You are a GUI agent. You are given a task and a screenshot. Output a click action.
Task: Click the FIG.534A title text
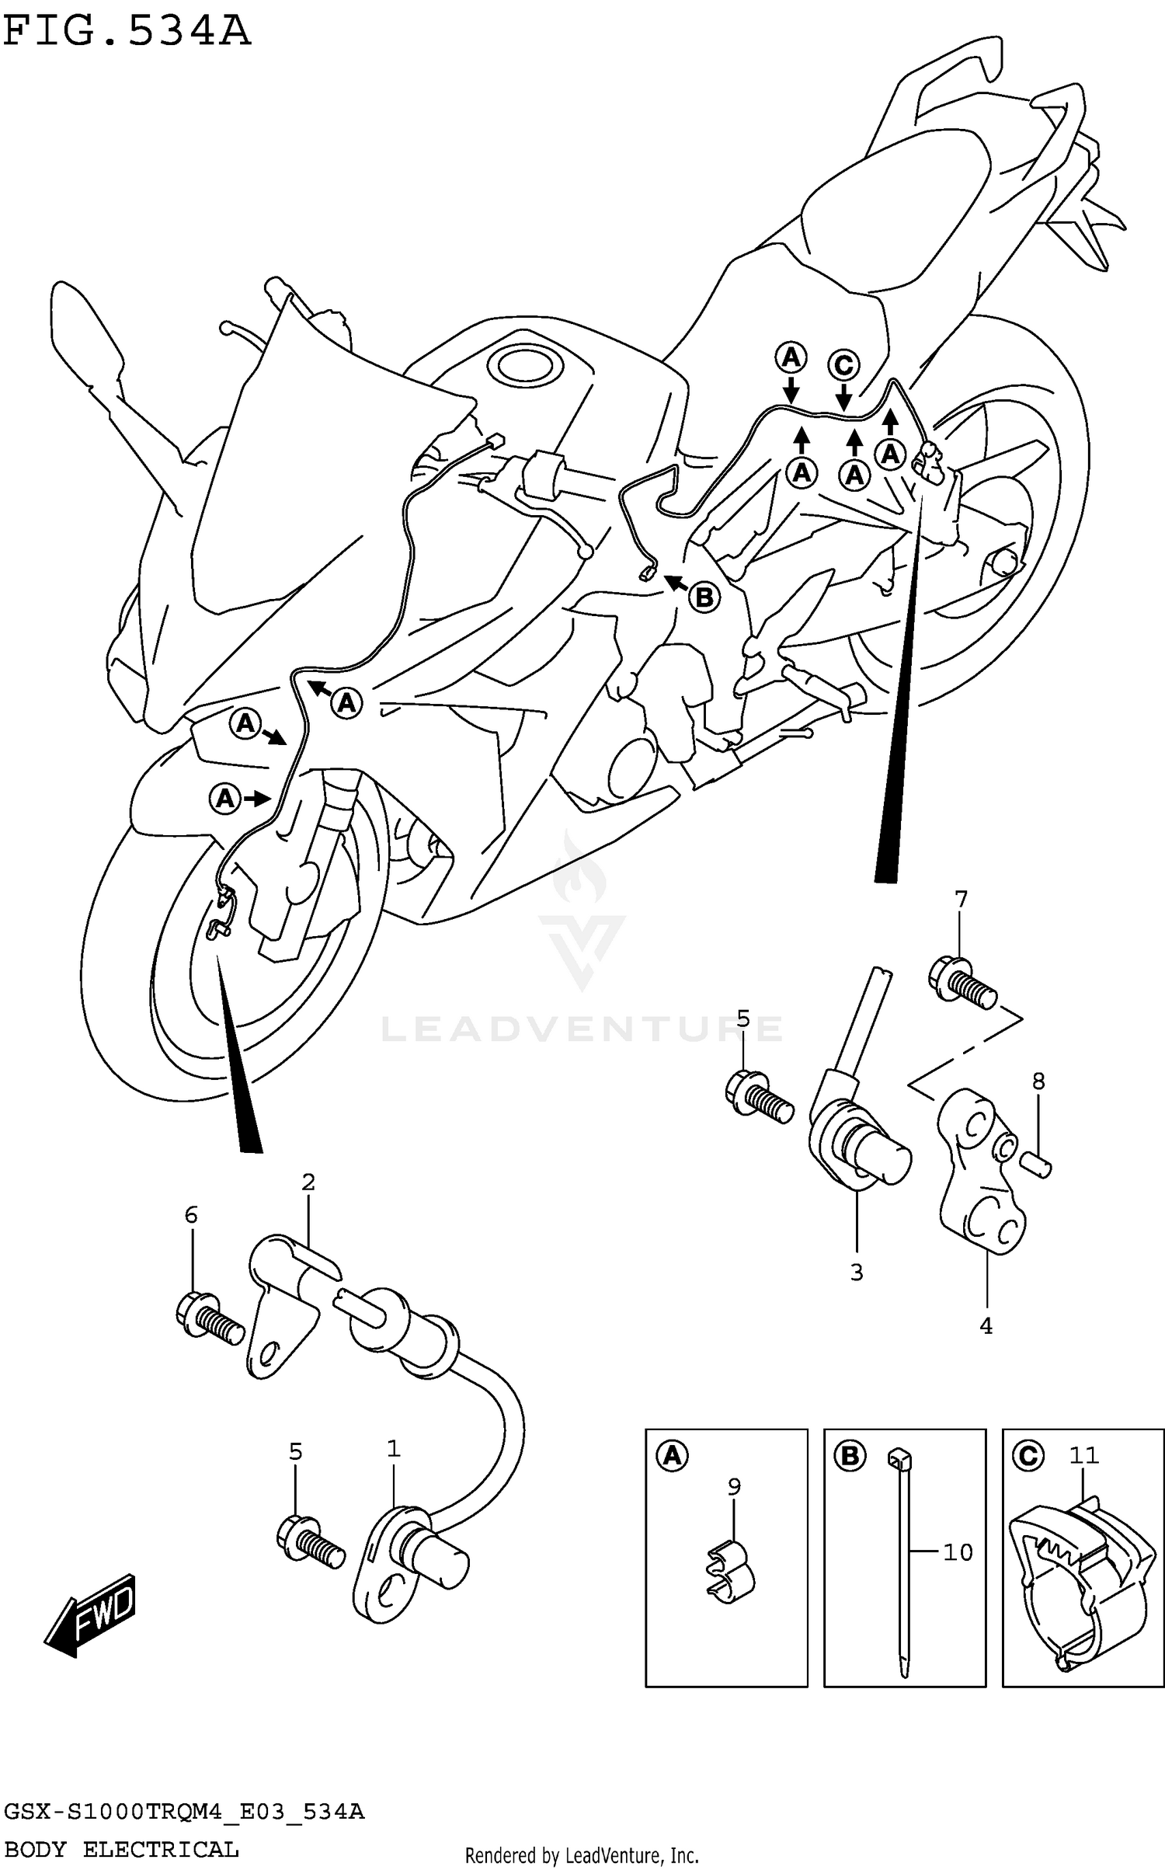[127, 33]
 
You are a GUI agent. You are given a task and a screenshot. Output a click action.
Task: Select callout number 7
[961, 900]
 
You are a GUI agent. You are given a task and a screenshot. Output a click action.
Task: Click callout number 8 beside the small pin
[1038, 1081]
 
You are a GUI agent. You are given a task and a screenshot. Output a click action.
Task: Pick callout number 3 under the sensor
[857, 1273]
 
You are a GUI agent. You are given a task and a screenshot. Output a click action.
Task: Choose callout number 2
[308, 1182]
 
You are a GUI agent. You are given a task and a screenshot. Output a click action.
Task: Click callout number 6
[191, 1215]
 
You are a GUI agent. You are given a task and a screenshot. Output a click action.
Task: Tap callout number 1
[394, 1449]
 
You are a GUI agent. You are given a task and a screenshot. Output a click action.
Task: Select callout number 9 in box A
[734, 1486]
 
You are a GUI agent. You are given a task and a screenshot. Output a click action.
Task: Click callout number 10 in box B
[958, 1552]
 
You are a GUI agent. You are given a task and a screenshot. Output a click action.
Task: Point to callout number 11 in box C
[1083, 1454]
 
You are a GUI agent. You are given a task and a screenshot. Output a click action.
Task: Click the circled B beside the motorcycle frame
[704, 597]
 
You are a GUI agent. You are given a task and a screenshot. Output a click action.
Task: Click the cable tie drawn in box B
[904, 1562]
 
